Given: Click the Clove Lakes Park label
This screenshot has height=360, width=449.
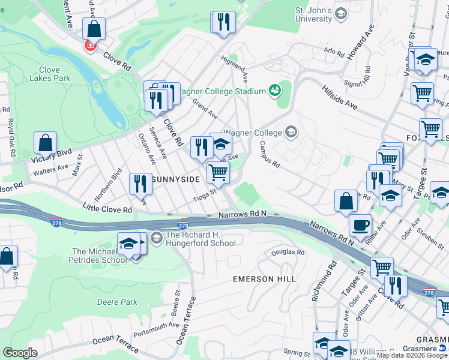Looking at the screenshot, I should pyautogui.click(x=50, y=74).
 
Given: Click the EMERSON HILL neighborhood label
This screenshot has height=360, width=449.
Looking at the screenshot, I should pyautogui.click(x=264, y=280).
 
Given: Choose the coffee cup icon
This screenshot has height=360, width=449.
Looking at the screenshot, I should pyautogui.click(x=360, y=225).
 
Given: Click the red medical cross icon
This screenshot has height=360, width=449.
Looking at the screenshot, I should pyautogui.click(x=90, y=46).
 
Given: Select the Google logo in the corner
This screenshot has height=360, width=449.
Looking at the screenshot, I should pyautogui.click(x=20, y=352).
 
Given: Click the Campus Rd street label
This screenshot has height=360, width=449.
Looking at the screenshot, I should pyautogui.click(x=270, y=155).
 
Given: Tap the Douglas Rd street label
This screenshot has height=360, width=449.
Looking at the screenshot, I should pyautogui.click(x=288, y=253).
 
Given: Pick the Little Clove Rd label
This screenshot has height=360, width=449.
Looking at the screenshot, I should pyautogui.click(x=107, y=208).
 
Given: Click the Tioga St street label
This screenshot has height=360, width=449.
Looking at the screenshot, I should pyautogui.click(x=204, y=196).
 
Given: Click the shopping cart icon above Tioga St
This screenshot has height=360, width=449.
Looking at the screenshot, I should pyautogui.click(x=217, y=172).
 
